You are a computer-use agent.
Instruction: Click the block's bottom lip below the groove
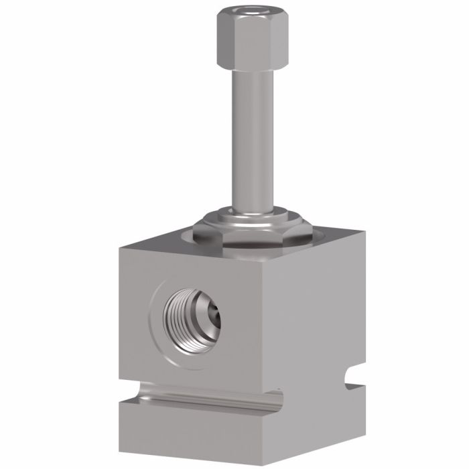pyautogui.click(x=201, y=429)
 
